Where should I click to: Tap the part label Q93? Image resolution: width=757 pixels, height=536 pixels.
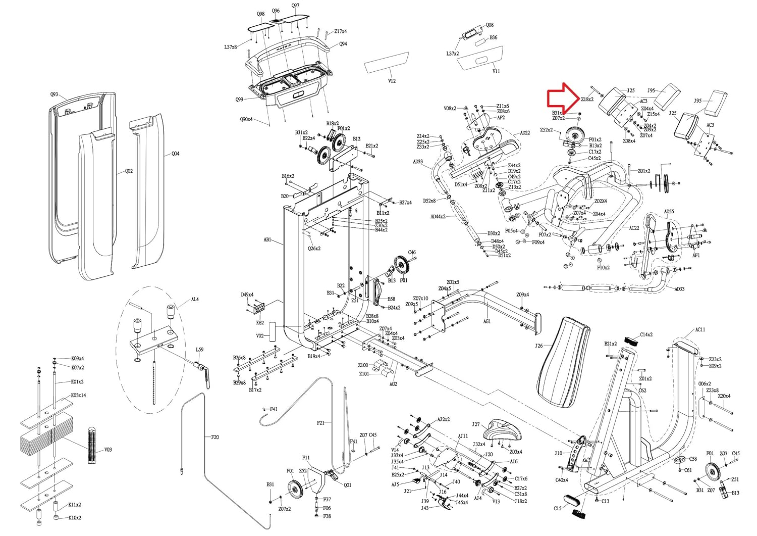coord(55,94)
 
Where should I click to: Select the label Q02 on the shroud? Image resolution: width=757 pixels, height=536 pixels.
coord(129,171)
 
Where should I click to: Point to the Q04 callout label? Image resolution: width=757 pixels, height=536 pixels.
coord(175,154)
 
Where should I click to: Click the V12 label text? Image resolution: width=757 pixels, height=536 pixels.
coord(392,81)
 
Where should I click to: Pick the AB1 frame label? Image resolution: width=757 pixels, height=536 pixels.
coord(267,239)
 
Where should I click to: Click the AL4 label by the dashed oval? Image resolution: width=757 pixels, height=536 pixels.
coord(194,300)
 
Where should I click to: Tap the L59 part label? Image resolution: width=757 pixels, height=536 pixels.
coord(199,350)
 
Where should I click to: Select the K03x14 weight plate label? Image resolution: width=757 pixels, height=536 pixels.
coord(78,395)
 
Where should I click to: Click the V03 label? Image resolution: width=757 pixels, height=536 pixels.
coord(108,450)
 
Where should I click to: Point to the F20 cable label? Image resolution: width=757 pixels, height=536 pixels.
coord(214,436)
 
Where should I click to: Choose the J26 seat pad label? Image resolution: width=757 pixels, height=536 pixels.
coord(539,346)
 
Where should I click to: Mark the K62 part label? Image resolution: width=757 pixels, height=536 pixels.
coord(260,322)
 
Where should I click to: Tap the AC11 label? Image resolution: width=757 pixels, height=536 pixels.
coord(700,329)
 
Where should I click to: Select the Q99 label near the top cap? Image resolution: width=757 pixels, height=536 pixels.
coord(239,100)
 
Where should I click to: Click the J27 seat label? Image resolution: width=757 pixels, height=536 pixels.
coord(476,425)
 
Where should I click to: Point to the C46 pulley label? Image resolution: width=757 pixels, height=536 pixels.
coord(412,253)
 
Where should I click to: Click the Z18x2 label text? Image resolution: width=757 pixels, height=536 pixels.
coord(587,100)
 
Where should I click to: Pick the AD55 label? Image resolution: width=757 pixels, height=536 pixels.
coord(669,212)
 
